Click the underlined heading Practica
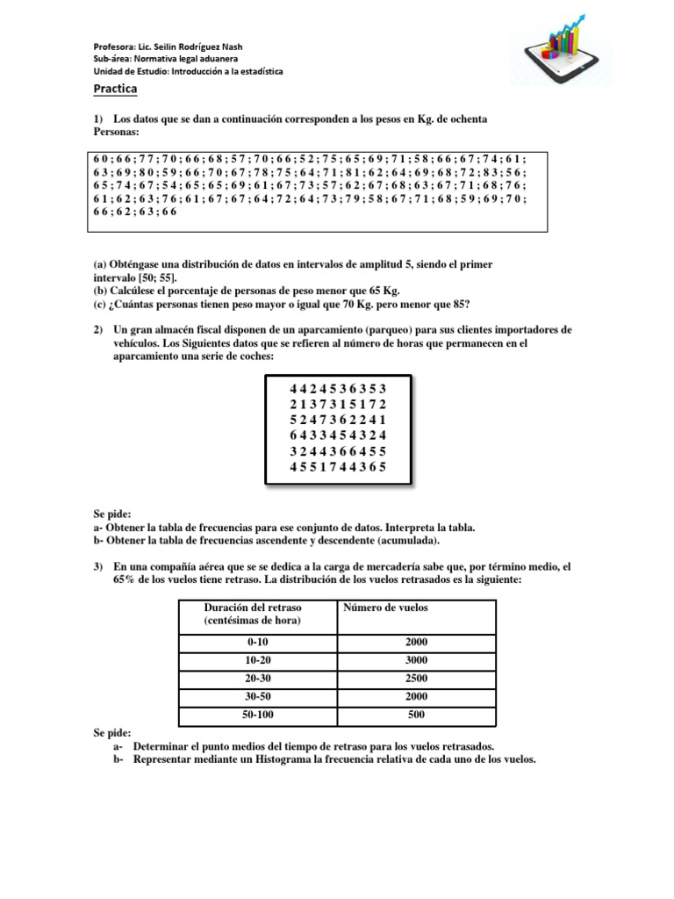115,90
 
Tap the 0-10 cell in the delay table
256,643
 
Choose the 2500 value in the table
416,678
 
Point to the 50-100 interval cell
256,715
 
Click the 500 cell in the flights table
416,715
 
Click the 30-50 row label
256,696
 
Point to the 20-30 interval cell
256,678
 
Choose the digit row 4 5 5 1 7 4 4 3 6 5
338,468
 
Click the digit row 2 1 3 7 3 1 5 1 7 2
338,404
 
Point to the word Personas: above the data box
116,132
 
